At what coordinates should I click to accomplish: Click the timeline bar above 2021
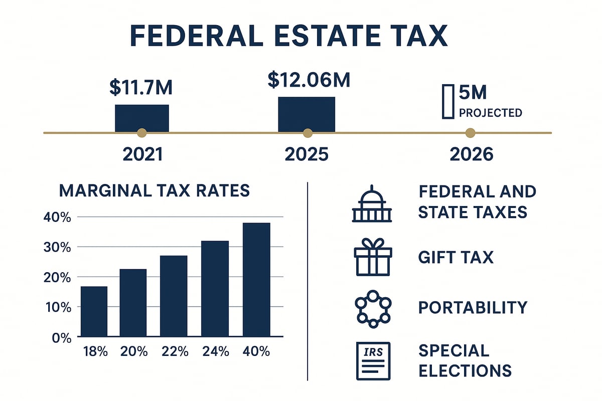click(x=142, y=118)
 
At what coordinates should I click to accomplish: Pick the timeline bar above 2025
click(x=307, y=114)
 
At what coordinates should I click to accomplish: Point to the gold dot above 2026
click(x=470, y=133)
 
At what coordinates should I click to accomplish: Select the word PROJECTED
click(x=490, y=113)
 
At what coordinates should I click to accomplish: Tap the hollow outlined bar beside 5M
click(x=448, y=102)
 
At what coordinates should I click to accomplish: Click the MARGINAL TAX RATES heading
click(x=154, y=191)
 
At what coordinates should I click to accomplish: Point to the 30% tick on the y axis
click(x=72, y=247)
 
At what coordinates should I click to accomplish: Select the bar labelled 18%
click(x=94, y=311)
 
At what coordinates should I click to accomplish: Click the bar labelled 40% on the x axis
click(x=256, y=279)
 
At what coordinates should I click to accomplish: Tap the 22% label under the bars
click(x=175, y=351)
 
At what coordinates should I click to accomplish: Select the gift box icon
click(x=372, y=257)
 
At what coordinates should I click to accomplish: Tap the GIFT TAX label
click(x=456, y=258)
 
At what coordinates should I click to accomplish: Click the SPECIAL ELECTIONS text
click(x=465, y=360)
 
